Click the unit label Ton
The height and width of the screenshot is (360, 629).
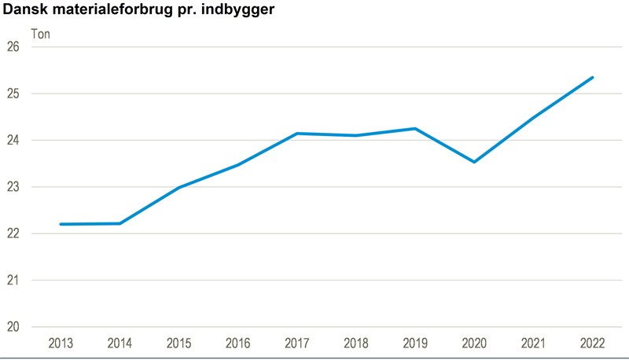pyautogui.click(x=41, y=33)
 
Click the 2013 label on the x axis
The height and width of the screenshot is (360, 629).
pyautogui.click(x=61, y=343)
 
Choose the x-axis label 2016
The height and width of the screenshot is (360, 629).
pyautogui.click(x=237, y=343)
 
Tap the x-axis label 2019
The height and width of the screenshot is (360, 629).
pyautogui.click(x=414, y=343)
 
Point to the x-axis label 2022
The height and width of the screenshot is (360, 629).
pyautogui.click(x=592, y=343)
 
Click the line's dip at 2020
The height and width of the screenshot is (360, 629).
pyautogui.click(x=474, y=162)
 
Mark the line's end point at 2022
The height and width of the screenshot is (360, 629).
pyautogui.click(x=592, y=77)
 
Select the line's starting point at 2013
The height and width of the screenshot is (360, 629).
pyautogui.click(x=61, y=224)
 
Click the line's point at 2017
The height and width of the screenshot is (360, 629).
pyautogui.click(x=296, y=134)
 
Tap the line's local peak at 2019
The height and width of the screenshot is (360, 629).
pyautogui.click(x=414, y=128)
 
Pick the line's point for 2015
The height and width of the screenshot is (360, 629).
pyautogui.click(x=178, y=188)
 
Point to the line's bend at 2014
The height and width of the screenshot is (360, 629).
pyautogui.click(x=120, y=223)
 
